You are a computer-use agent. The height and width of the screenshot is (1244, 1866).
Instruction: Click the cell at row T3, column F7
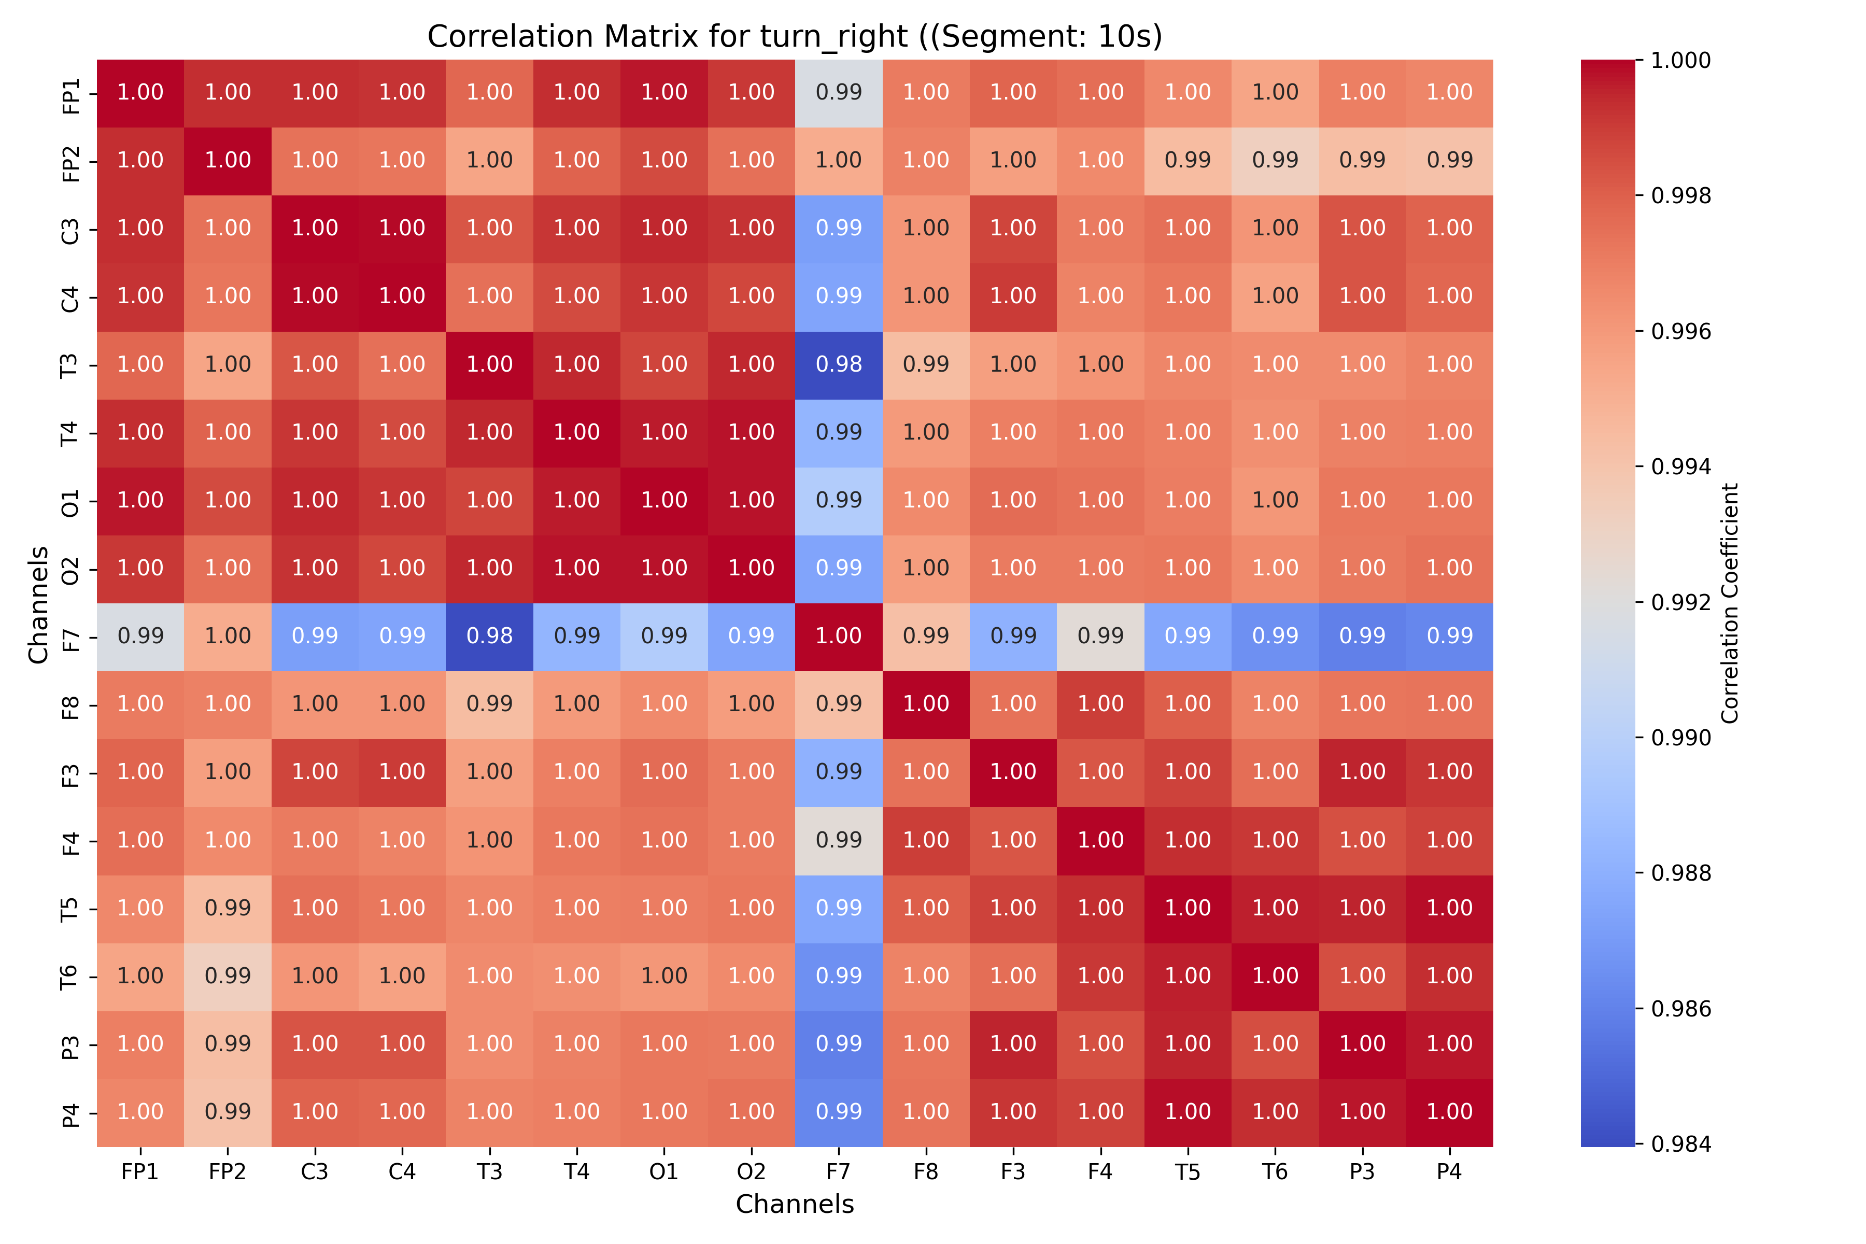(x=839, y=365)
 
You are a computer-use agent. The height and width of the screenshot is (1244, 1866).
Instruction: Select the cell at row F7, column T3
(x=489, y=637)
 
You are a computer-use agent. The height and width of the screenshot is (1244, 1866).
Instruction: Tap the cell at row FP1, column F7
(x=839, y=93)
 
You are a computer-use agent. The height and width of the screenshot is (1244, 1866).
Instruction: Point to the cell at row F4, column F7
(x=839, y=841)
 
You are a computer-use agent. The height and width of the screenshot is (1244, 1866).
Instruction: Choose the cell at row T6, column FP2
(x=228, y=977)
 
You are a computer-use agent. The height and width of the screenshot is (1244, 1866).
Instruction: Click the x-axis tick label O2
(x=751, y=1172)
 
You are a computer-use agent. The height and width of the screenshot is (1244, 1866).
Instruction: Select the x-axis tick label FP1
(x=140, y=1172)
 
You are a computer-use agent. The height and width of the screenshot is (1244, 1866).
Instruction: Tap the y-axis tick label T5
(x=70, y=909)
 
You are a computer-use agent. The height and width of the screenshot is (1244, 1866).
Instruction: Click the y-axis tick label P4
(x=70, y=1113)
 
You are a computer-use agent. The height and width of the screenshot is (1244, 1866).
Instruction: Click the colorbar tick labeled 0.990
(x=1680, y=738)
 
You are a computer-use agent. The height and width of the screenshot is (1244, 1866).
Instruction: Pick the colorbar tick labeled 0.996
(x=1680, y=331)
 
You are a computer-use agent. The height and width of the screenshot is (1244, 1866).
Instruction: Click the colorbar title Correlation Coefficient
(x=1730, y=603)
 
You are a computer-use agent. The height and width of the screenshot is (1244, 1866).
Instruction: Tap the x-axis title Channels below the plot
(x=794, y=1204)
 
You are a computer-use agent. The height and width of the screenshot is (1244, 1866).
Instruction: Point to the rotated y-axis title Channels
(x=38, y=604)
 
